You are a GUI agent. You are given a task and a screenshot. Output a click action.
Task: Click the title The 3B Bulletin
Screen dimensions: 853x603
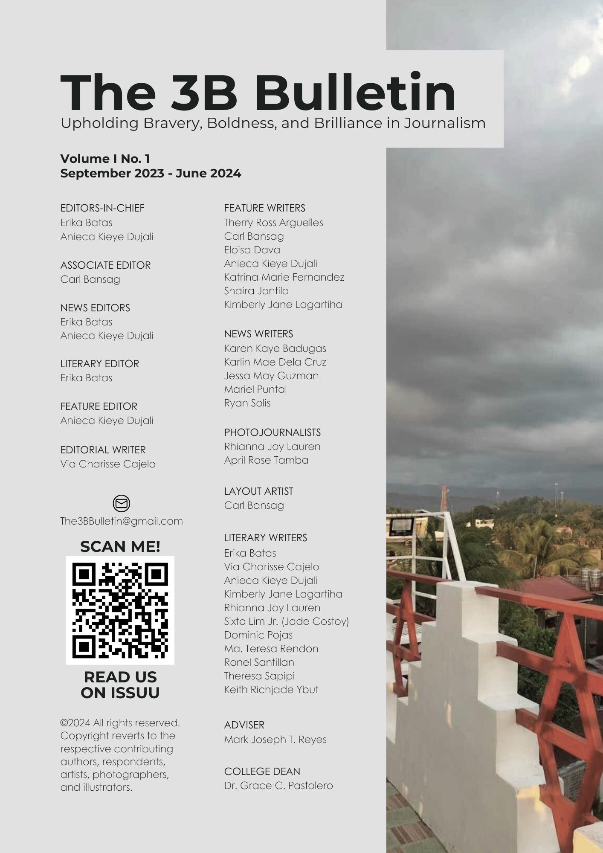258,93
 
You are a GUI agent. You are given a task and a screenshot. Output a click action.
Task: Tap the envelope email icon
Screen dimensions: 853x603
122,503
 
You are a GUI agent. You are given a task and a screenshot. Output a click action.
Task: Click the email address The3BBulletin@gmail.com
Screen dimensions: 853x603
122,521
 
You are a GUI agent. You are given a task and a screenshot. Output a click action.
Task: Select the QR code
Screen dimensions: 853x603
120,610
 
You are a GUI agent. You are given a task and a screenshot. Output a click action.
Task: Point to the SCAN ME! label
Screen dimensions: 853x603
120,547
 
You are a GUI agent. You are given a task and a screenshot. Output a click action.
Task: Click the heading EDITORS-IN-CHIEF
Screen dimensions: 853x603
102,208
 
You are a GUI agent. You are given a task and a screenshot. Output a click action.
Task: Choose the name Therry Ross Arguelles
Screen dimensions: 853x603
273,223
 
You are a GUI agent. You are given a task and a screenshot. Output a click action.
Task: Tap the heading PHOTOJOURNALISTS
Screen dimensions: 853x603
272,432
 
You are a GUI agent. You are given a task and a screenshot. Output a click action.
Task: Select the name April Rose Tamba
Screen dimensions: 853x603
266,460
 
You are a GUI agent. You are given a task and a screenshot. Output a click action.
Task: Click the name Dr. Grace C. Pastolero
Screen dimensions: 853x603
278,786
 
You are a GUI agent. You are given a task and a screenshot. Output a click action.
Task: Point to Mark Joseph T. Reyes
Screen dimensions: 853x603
275,740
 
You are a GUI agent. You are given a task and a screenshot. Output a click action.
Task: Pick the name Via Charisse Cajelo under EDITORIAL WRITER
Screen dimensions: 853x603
108,464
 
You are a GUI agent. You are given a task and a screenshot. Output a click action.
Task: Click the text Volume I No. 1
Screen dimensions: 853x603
105,159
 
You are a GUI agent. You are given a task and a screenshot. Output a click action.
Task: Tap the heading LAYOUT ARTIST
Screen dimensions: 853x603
258,491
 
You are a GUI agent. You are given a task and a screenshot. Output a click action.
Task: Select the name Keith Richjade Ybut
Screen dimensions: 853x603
271,690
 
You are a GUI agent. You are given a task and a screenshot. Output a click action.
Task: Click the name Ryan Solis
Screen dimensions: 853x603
247,403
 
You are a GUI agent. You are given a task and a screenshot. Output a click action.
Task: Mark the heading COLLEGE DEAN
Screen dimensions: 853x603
262,772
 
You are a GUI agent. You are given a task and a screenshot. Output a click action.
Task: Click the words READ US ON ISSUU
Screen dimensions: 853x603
120,685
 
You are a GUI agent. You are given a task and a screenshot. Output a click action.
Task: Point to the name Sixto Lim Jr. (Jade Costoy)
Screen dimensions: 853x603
286,621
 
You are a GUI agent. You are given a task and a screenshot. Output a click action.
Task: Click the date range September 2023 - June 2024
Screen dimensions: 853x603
151,174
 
